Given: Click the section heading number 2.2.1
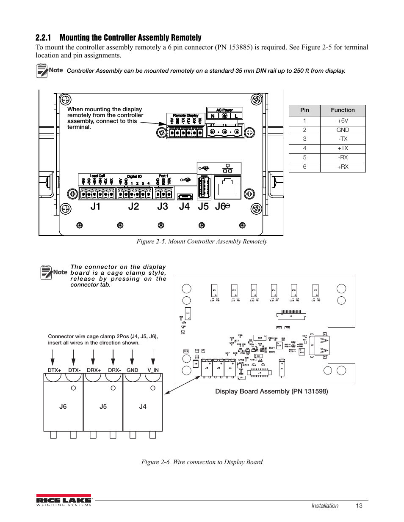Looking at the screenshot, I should coord(43,38).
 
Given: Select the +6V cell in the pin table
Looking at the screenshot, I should coord(343,121).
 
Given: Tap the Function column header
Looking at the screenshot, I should coord(343,110).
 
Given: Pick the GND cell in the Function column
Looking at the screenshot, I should coord(343,130).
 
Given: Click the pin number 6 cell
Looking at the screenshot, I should coord(304,167).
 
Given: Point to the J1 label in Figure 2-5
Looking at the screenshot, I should coord(95,206).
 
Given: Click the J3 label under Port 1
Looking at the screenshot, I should coord(163,206).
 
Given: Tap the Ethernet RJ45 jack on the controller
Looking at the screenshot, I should coord(227,187).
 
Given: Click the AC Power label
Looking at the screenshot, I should coord(224,110).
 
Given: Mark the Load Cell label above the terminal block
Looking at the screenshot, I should coord(97,176).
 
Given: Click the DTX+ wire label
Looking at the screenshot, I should coord(54,370).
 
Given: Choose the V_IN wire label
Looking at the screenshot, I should coord(153,370).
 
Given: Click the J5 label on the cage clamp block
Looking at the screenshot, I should coord(103,407).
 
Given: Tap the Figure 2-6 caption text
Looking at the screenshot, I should coord(202,462).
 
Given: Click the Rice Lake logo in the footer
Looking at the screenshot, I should coord(64,500).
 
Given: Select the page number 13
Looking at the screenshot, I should coord(359,506).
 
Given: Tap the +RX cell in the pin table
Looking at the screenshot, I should coord(343,167).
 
